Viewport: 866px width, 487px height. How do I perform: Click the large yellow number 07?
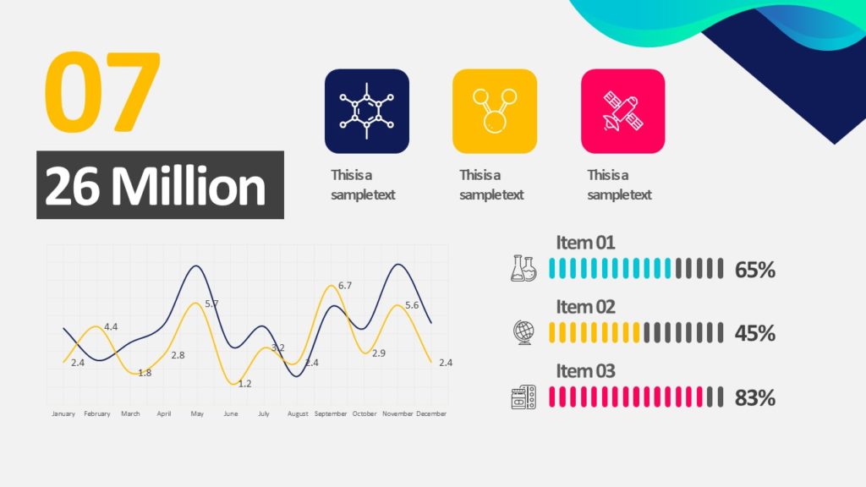coord(101,93)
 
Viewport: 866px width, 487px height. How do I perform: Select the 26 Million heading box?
coord(160,185)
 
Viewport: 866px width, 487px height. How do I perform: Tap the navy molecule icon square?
coord(366,111)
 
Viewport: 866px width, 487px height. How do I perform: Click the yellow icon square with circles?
coord(495,111)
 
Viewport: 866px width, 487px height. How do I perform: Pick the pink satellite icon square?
coord(623,111)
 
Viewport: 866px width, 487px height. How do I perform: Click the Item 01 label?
coord(585,243)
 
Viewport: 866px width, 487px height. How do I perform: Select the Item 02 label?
coord(585,307)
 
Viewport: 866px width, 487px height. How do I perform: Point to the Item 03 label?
coord(585,371)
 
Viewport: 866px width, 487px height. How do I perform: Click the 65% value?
coord(755,270)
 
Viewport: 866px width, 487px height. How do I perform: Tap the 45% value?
coord(755,333)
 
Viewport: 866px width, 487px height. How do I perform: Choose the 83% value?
coord(755,397)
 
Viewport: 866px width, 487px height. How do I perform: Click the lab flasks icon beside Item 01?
coord(523,268)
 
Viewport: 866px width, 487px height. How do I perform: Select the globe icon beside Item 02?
coord(523,332)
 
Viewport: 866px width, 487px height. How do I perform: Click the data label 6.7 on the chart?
coord(345,286)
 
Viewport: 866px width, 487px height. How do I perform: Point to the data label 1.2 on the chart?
coord(245,384)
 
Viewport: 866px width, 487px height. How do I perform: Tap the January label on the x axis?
coord(63,414)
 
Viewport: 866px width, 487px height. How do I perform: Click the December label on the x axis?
coord(431,414)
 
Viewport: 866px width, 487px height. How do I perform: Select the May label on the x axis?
coord(197,414)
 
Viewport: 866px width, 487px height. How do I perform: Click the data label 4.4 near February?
coord(111,326)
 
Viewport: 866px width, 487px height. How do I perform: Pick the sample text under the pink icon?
coord(619,185)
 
